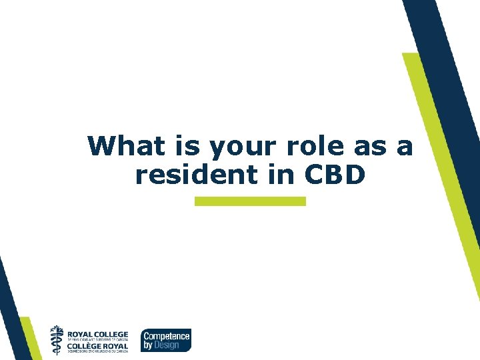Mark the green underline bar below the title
click(x=250, y=201)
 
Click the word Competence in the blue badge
click(x=167, y=336)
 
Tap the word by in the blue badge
click(x=149, y=345)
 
